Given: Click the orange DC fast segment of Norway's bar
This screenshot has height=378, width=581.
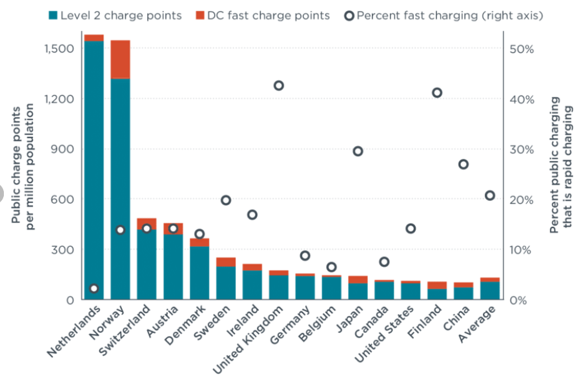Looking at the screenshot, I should tap(120, 59).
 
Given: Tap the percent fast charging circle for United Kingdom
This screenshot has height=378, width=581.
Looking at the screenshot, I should tap(279, 85).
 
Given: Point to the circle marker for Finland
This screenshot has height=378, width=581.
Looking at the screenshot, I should tap(437, 92).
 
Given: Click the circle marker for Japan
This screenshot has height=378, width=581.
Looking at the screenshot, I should tap(358, 151).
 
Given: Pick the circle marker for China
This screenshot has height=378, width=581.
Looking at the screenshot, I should tap(464, 164).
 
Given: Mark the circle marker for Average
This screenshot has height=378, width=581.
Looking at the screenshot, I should tap(490, 195).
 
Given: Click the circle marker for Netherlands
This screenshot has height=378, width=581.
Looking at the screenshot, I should tap(94, 288).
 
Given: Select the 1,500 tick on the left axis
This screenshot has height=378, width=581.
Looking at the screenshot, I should tap(59, 49).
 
